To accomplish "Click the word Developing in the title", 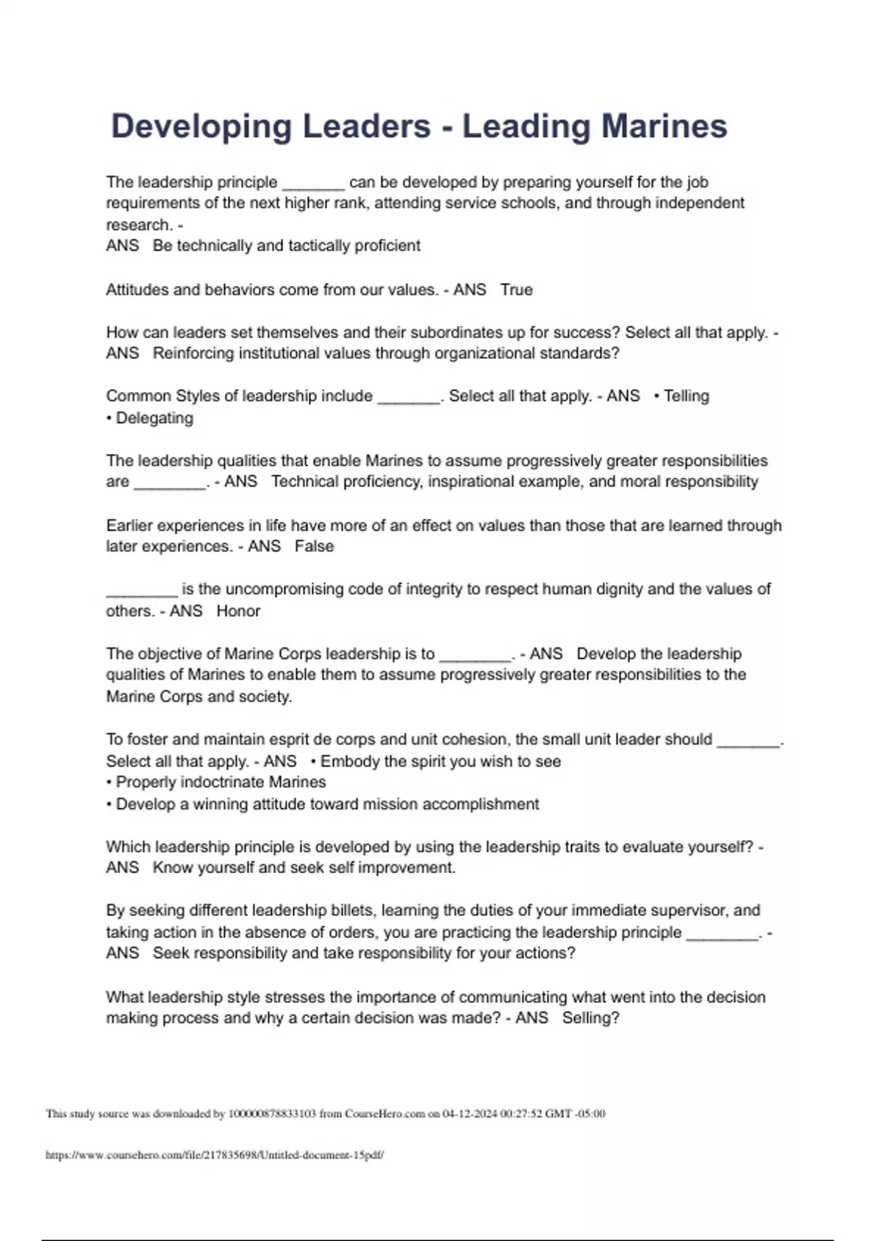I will pyautogui.click(x=201, y=127).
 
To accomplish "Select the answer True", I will pyautogui.click(x=516, y=290).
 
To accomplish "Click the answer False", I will pyautogui.click(x=314, y=547).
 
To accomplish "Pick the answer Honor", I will pyautogui.click(x=238, y=611).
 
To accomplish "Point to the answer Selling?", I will pyautogui.click(x=591, y=1018).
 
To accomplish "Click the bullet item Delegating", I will pyautogui.click(x=154, y=418).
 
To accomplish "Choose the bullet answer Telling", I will pyautogui.click(x=685, y=396).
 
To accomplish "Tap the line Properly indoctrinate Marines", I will pyautogui.click(x=220, y=783).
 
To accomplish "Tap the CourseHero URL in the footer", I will pyautogui.click(x=215, y=1156).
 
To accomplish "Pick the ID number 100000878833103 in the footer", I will pyautogui.click(x=272, y=1114).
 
